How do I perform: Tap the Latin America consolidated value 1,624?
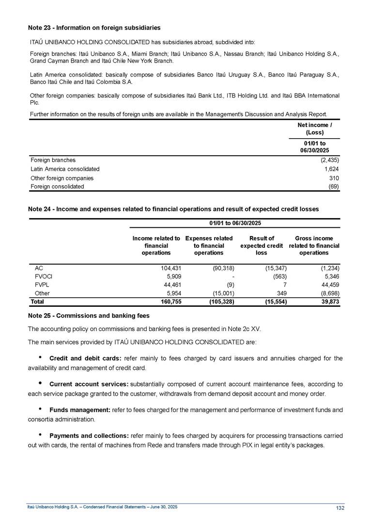(x=330, y=169)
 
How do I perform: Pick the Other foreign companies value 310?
(x=333, y=178)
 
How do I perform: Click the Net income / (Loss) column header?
(x=317, y=129)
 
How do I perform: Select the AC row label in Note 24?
(x=39, y=268)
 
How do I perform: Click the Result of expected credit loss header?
(x=262, y=245)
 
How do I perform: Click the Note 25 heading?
(x=89, y=316)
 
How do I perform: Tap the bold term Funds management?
(x=80, y=410)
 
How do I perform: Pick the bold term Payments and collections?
(x=89, y=436)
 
